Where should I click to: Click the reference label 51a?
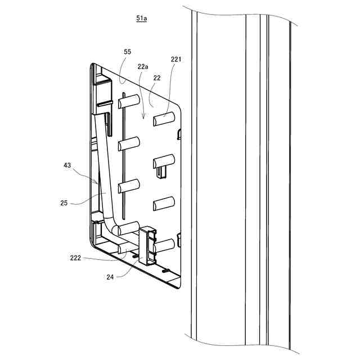[x=142, y=19]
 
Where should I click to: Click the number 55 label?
[x=128, y=51]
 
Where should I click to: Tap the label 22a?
[x=143, y=66]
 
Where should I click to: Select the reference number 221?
[x=176, y=58]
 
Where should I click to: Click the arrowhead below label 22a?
[x=143, y=118]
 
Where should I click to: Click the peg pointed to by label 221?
[x=164, y=119]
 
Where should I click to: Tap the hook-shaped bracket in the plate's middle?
[x=164, y=164]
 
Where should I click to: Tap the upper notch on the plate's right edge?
[x=179, y=134]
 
